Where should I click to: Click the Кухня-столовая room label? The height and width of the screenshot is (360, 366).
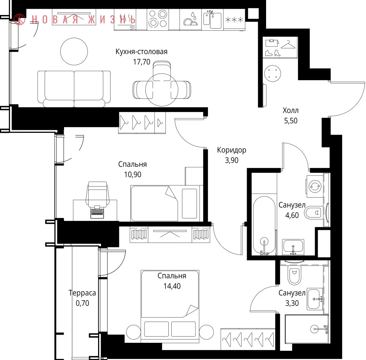click(141, 52)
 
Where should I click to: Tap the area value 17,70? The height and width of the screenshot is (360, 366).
click(141, 62)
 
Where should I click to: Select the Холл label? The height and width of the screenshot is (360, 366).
click(291, 110)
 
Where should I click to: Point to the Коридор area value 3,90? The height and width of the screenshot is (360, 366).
click(232, 160)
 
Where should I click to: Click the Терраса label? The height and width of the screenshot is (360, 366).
click(82, 293)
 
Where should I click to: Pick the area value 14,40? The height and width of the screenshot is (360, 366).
click(172, 286)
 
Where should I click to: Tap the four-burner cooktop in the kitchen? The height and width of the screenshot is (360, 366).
click(158, 19)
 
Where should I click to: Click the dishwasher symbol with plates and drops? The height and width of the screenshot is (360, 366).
click(191, 19)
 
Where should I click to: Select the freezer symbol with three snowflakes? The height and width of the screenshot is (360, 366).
click(234, 20)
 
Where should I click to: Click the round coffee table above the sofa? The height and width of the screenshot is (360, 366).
click(74, 51)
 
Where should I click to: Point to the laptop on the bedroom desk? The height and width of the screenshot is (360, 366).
click(97, 211)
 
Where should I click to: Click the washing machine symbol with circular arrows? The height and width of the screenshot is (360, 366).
click(315, 186)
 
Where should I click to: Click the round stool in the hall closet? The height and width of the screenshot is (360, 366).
click(273, 74)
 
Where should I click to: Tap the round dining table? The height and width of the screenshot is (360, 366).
click(162, 90)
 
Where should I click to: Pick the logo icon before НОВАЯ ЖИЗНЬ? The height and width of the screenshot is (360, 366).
click(19, 19)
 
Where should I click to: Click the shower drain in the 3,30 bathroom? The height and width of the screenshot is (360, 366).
click(314, 329)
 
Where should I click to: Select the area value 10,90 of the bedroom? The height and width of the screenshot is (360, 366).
click(132, 175)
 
